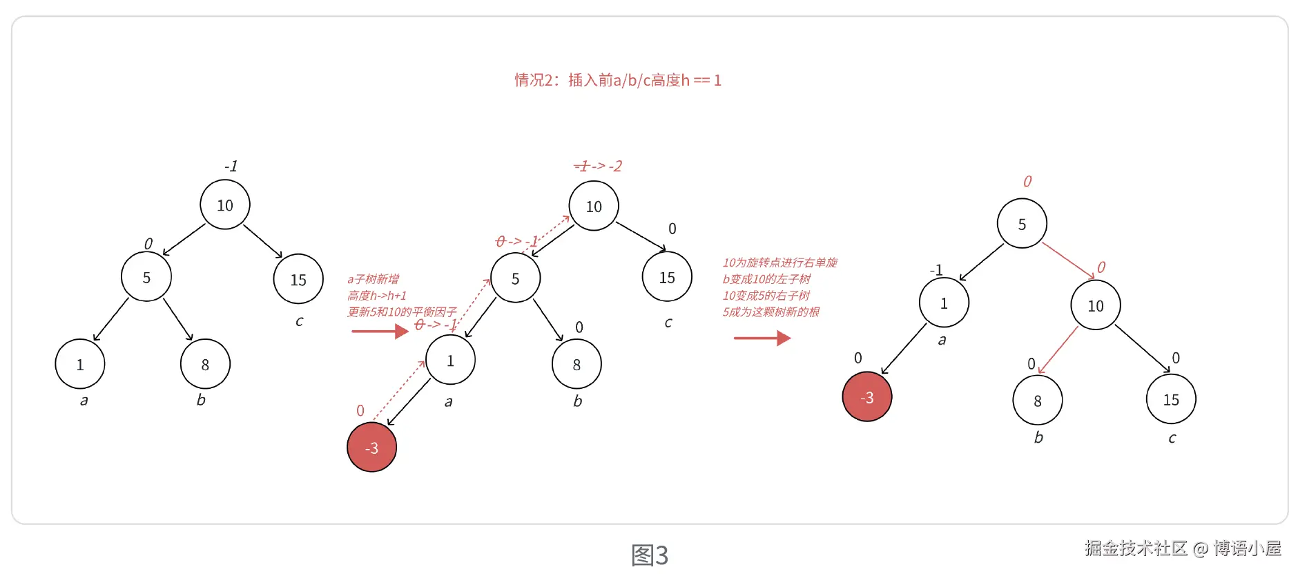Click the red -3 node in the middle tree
coord(371,448)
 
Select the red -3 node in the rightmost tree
coord(867,397)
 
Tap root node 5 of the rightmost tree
coord(1022,224)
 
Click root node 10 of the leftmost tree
coord(225,205)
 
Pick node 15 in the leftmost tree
coord(298,279)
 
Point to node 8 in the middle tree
coord(577,364)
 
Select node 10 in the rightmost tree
coord(1096,305)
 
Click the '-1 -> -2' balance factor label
coord(598,166)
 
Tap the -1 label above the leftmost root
coord(231,166)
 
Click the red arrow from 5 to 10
coord(1068,260)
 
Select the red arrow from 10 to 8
coord(1058,350)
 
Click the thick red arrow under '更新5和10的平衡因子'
coord(379,332)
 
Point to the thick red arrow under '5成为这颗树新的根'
coord(762,338)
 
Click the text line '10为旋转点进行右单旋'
coord(779,262)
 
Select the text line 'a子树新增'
coord(373,279)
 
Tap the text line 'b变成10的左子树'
coord(766,279)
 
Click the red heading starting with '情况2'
coord(618,80)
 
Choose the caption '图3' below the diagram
coord(650,555)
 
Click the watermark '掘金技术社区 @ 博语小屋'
coord(1182,548)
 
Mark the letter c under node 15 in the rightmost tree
coord(1172,438)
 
